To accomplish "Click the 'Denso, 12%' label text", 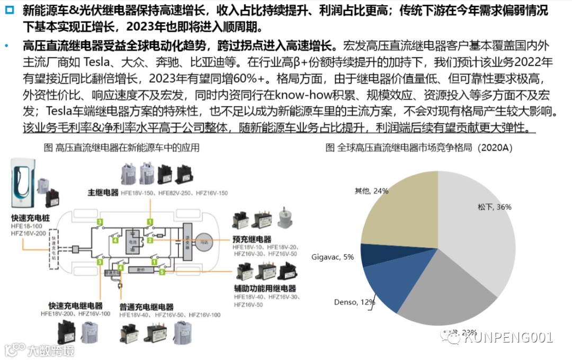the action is (354, 302).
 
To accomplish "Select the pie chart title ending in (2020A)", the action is (418, 148).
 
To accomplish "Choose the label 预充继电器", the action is (252, 239).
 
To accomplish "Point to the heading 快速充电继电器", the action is (75, 305).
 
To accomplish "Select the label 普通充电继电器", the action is (146, 307).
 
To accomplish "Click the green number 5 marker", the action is (162, 272).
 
